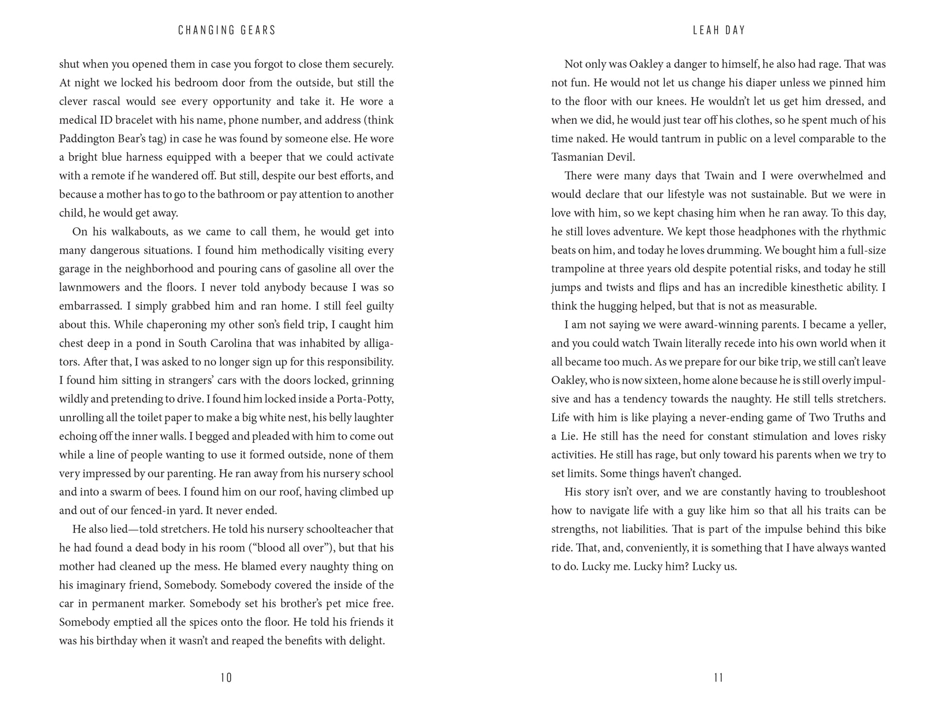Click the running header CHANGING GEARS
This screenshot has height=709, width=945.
click(227, 30)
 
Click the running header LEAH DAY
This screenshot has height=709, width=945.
click(719, 30)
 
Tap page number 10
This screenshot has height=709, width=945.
click(226, 677)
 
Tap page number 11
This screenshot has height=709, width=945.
click(719, 677)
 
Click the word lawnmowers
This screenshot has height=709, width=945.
click(87, 287)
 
